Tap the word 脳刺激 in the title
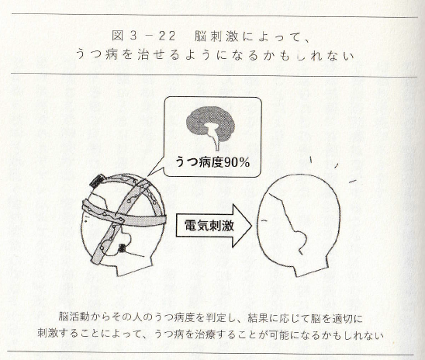click(216, 36)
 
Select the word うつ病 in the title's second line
click(96, 54)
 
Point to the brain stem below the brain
click(216, 142)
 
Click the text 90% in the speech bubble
click(237, 162)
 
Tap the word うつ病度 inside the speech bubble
click(199, 162)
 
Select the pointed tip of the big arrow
click(252, 226)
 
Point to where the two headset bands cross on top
click(140, 185)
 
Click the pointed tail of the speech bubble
click(149, 175)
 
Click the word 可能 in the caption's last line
click(278, 335)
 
